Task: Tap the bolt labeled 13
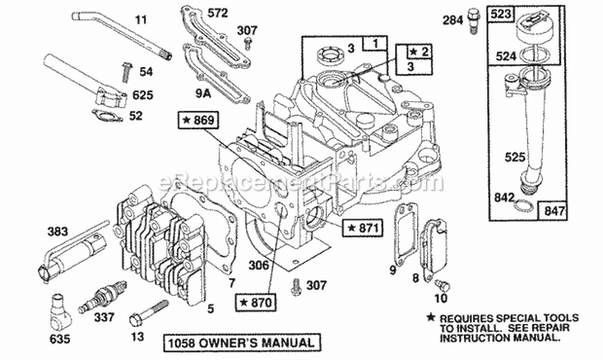pyautogui.click(x=154, y=308)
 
